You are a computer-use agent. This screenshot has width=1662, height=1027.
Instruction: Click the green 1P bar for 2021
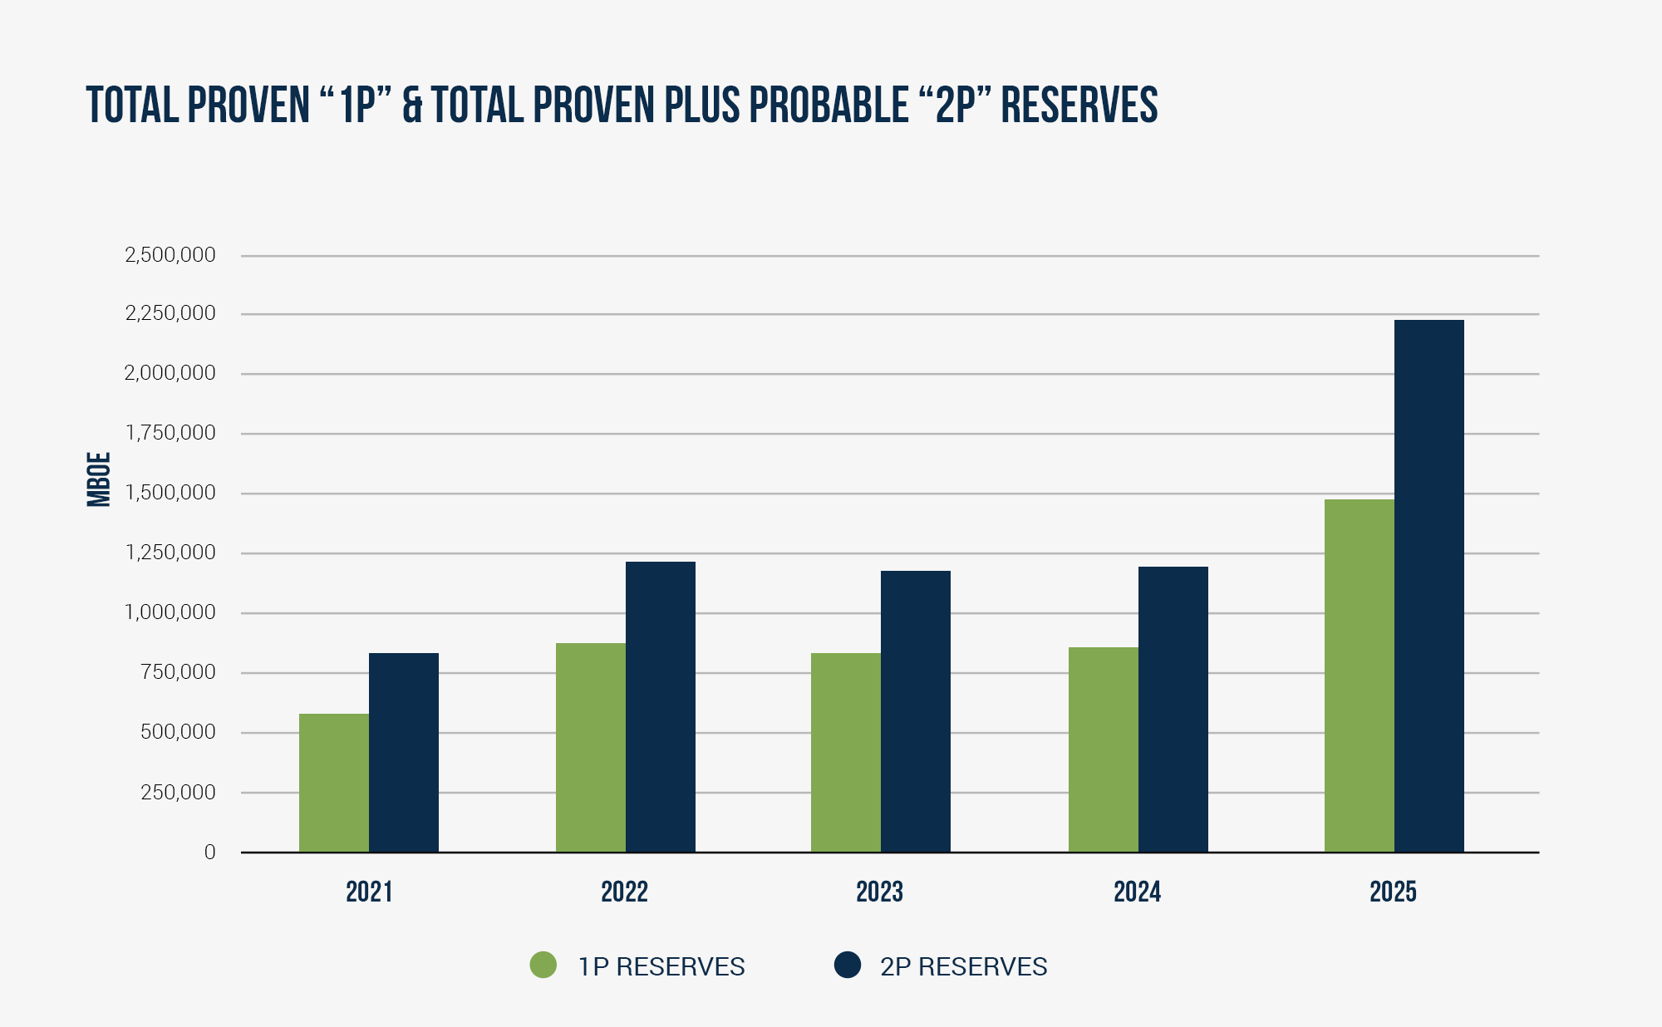[333, 783]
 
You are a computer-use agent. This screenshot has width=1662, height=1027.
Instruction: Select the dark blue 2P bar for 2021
[404, 752]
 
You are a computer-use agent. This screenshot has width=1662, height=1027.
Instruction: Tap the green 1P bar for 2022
[590, 747]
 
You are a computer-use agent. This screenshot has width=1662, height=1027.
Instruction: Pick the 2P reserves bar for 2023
[916, 711]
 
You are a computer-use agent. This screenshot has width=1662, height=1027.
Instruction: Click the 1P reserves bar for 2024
[1103, 749]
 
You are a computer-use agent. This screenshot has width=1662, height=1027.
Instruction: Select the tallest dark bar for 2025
[1429, 586]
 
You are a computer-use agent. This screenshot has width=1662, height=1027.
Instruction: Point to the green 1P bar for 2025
[1359, 676]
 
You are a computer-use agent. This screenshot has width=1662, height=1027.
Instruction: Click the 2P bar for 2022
[661, 706]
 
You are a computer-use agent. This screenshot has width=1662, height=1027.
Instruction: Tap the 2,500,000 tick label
[170, 255]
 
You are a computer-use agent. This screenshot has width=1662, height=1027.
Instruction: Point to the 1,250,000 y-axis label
[170, 553]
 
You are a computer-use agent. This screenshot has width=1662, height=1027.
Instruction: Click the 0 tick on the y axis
[209, 853]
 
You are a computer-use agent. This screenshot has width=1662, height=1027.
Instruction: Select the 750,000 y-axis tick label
[178, 672]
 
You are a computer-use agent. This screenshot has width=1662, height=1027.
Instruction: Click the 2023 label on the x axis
[879, 892]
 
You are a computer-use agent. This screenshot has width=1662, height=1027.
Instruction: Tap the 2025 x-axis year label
[1393, 892]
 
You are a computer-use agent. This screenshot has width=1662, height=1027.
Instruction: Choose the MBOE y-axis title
[99, 479]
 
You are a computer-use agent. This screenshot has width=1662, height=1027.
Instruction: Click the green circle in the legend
[543, 966]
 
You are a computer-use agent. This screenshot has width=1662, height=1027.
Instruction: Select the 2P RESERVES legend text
[963, 966]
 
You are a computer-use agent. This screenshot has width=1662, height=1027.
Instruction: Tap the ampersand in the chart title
[412, 106]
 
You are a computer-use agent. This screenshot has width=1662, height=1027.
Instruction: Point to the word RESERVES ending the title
[1079, 106]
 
